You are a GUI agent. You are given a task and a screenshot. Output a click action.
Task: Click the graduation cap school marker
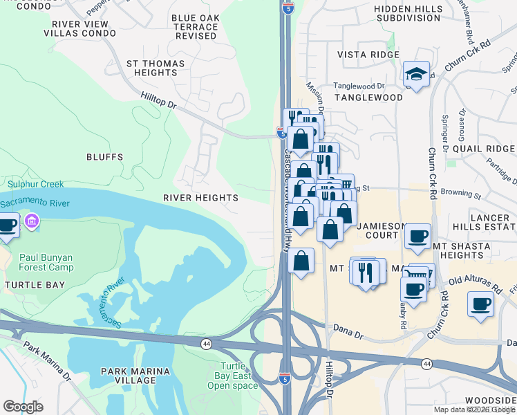(416, 73)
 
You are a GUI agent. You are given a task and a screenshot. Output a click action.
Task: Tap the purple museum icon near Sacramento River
(31, 221)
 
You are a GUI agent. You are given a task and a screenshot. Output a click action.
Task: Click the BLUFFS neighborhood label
(105, 157)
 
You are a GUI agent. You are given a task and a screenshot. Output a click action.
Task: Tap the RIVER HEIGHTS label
(200, 198)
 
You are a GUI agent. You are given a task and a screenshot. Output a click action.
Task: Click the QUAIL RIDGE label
(482, 148)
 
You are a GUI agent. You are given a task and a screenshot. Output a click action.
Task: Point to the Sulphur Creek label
(36, 184)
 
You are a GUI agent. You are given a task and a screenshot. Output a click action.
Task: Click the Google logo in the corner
(23, 407)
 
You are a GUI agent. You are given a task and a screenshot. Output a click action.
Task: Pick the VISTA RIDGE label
(368, 55)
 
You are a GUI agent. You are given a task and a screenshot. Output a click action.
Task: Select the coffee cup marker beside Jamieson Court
(417, 236)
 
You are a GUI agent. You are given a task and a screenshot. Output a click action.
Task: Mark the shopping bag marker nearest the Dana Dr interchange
(301, 261)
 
